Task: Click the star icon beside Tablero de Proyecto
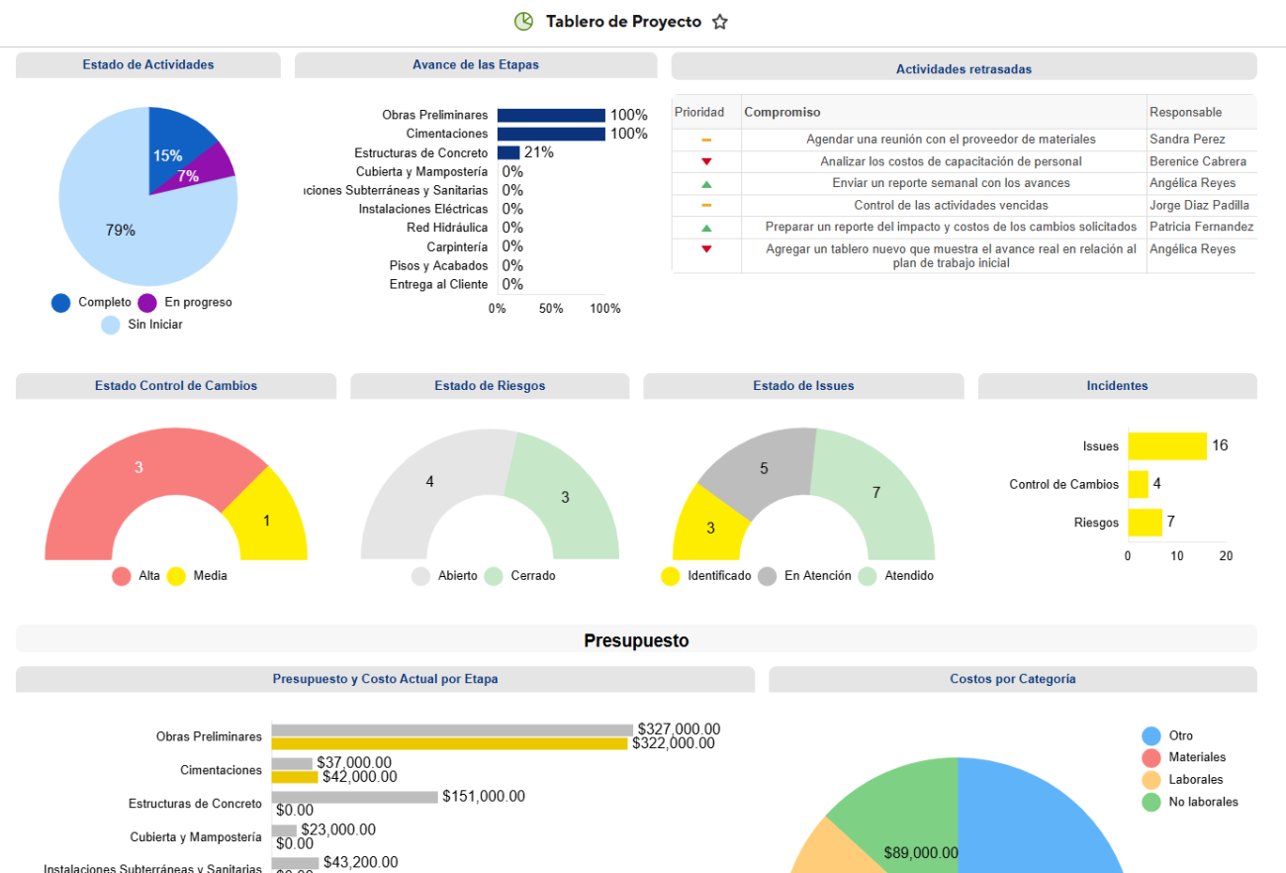[720, 22]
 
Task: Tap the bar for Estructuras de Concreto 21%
[508, 152]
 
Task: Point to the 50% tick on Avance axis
[551, 308]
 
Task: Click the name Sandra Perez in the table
[1186, 140]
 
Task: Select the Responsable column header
[1185, 112]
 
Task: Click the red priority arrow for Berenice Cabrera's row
[706, 161]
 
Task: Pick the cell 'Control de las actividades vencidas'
[944, 205]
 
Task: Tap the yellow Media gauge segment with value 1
[265, 519]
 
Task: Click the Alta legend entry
[138, 576]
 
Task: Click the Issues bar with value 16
[1166, 446]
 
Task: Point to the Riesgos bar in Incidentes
[1145, 523]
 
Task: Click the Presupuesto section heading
[636, 640]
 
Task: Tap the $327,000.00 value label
[679, 729]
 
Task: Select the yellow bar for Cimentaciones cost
[295, 777]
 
